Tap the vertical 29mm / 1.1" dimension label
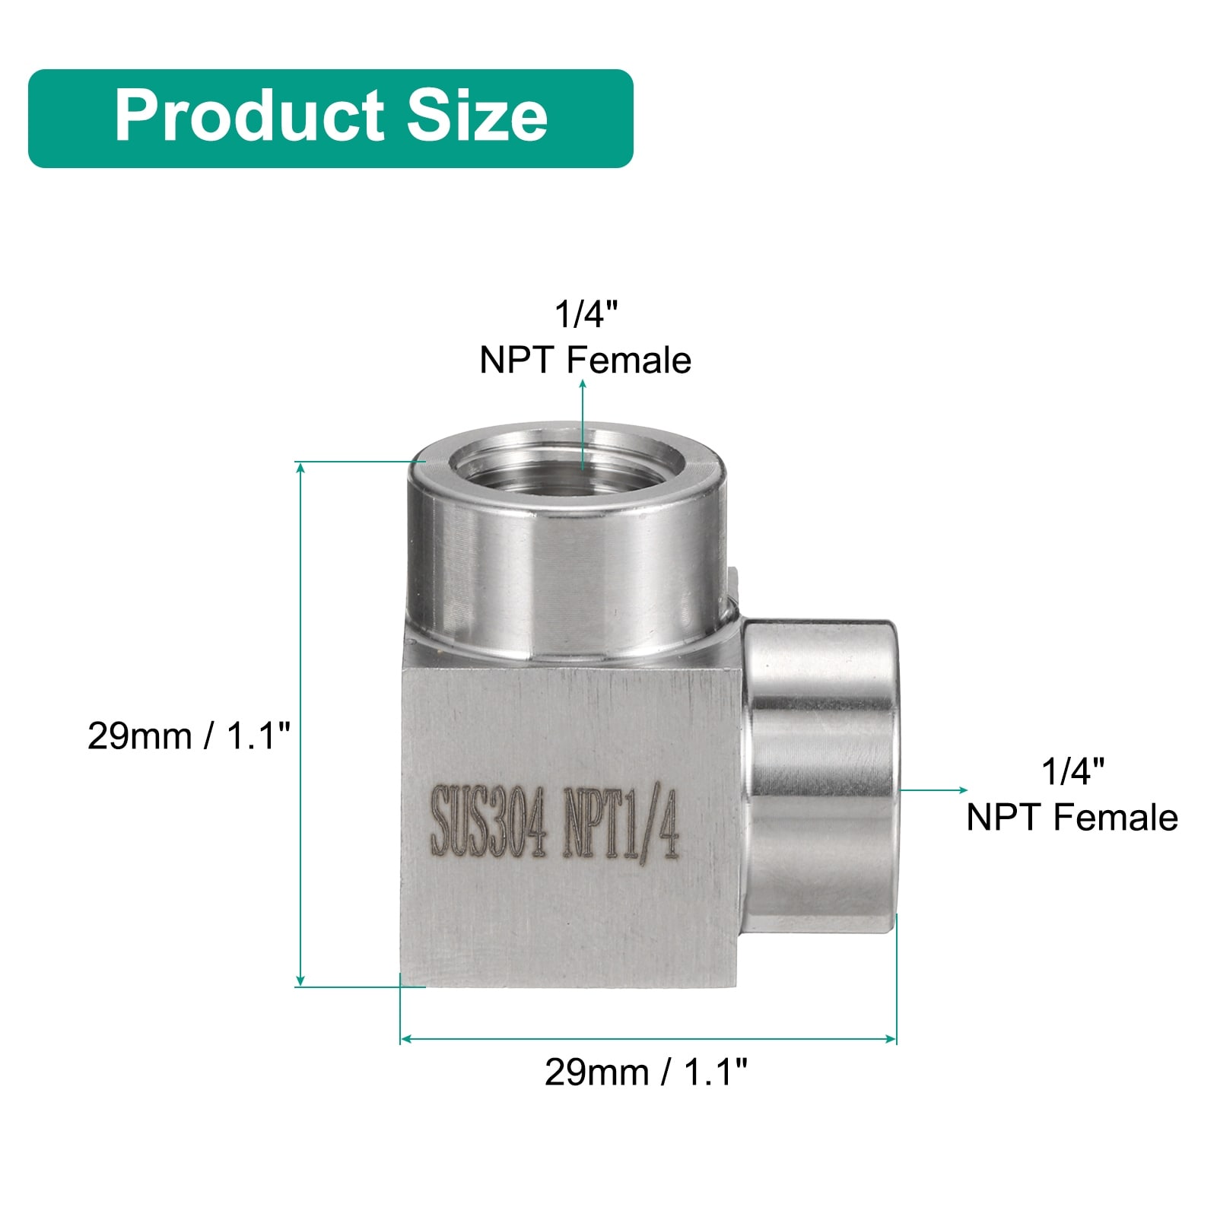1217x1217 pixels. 189,736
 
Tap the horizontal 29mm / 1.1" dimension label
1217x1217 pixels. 647,1072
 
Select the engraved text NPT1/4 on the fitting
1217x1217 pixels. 620,826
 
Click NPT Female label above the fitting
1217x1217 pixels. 585,361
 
